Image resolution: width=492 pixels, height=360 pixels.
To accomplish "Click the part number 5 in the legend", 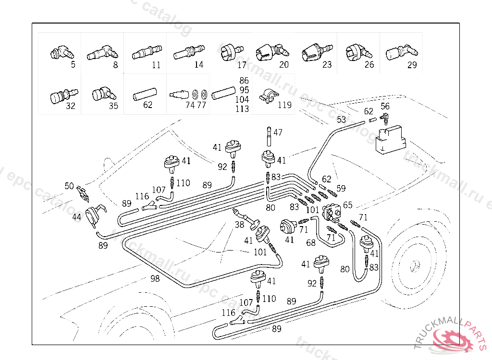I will pos(73,65).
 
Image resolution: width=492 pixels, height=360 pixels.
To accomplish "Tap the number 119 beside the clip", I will pos(284,105).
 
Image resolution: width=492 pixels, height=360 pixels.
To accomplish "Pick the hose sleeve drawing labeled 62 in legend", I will pos(145,92).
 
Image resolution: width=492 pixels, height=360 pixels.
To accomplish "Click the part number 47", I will pos(278,132).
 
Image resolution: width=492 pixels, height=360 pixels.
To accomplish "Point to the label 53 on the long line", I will pos(341,119).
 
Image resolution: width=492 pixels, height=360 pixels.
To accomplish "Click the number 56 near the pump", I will pos(385,107).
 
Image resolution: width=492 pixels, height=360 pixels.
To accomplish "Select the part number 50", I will pos(69,186).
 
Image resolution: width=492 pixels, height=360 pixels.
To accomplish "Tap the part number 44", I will pos(77,217).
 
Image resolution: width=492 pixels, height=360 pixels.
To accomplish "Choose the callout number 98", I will pos(155,278).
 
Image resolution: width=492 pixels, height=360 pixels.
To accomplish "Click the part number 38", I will pos(239,224).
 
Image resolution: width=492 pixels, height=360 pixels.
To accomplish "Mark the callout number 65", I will pos(347,205).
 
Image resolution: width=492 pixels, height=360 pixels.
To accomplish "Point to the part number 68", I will pos(311,243).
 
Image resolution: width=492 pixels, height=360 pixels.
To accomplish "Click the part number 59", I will pos(341,188).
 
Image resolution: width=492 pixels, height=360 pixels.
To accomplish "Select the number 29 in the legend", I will pos(412,65).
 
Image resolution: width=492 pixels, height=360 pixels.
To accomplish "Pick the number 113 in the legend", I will pos(243,109).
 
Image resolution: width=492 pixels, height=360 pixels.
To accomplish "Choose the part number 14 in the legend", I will pos(198,65).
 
